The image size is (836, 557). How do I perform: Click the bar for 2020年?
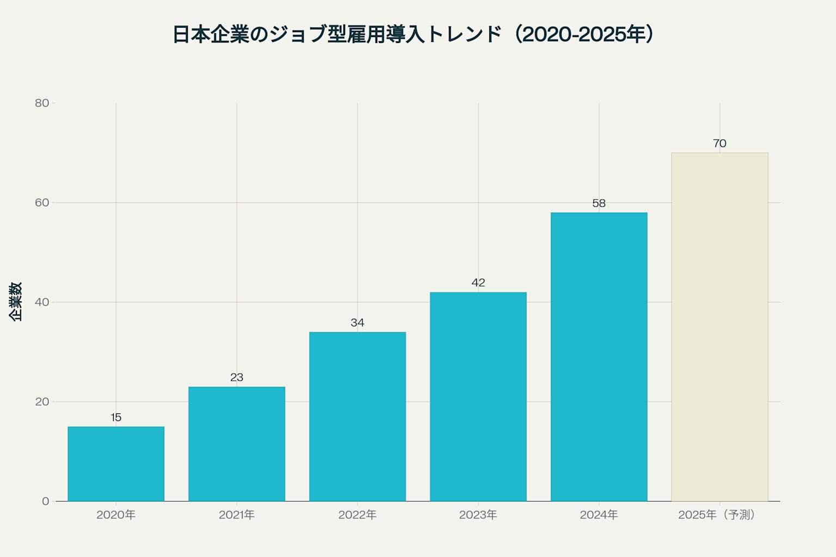(x=116, y=464)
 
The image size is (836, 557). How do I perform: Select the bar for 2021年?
(x=237, y=444)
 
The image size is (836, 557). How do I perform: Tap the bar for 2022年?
(x=358, y=417)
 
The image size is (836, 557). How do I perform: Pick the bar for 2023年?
(x=478, y=397)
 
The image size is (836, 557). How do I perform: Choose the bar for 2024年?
(x=599, y=357)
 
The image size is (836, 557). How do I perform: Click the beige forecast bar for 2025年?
(x=720, y=327)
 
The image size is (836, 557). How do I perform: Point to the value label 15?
(x=116, y=417)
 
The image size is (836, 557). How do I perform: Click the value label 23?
(x=237, y=377)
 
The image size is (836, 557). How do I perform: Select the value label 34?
(x=358, y=323)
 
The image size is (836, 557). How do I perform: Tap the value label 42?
(x=478, y=283)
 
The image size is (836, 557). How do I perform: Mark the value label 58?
(x=599, y=203)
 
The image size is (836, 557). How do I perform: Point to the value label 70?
(x=720, y=144)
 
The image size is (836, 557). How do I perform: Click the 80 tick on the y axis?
(x=42, y=103)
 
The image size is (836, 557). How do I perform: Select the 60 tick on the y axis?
(x=42, y=203)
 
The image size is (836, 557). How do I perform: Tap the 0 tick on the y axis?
(x=45, y=502)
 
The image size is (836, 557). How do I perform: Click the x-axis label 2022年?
(x=358, y=515)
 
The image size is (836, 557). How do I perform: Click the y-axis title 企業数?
(x=16, y=302)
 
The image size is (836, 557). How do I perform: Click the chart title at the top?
(x=413, y=34)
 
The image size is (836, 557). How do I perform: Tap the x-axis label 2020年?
(x=116, y=515)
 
